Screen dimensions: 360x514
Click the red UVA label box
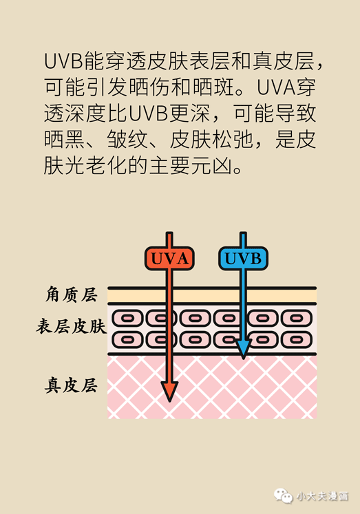pyautogui.click(x=169, y=258)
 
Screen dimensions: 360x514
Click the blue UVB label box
pyautogui.click(x=243, y=258)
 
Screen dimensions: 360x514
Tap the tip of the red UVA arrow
pyautogui.click(x=169, y=402)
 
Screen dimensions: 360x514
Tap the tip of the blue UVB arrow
pyautogui.click(x=243, y=359)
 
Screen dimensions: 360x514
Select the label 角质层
pyautogui.click(x=71, y=294)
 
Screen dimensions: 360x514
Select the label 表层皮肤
pyautogui.click(x=71, y=326)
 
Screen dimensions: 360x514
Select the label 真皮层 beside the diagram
pyautogui.click(x=71, y=385)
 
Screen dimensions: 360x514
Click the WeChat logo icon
pyautogui.click(x=284, y=495)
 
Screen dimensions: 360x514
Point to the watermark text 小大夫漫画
pyautogui.click(x=322, y=496)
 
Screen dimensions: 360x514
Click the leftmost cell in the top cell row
pyautogui.click(x=127, y=318)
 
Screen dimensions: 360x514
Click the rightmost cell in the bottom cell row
pyautogui.click(x=297, y=340)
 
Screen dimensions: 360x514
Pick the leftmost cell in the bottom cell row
pyautogui.click(x=127, y=340)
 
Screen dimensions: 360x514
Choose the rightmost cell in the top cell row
pyautogui.click(x=297, y=318)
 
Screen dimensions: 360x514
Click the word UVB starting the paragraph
pyautogui.click(x=63, y=61)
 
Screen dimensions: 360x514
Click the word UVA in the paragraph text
pyautogui.click(x=276, y=87)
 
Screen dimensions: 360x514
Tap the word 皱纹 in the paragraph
pyautogui.click(x=127, y=140)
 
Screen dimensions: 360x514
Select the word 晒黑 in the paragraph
pyautogui.click(x=65, y=140)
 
